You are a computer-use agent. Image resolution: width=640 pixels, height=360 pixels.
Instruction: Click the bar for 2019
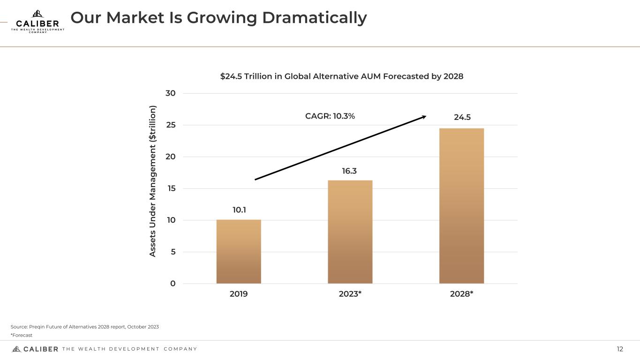click(x=239, y=252)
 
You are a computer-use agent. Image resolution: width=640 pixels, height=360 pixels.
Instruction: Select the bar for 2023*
click(x=350, y=232)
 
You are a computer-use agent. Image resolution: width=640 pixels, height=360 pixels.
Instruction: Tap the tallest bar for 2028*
click(x=461, y=206)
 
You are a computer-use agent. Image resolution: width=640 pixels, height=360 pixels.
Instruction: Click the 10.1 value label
click(x=239, y=210)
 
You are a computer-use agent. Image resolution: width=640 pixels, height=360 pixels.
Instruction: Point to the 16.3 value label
click(x=349, y=171)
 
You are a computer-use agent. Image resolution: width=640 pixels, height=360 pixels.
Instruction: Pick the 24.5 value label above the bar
click(x=462, y=117)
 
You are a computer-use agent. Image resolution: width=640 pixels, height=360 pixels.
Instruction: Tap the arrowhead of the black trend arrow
click(x=424, y=116)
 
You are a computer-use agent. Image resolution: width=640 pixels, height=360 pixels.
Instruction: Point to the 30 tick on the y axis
click(x=171, y=93)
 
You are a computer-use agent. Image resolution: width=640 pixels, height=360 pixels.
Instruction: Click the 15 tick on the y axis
click(x=171, y=188)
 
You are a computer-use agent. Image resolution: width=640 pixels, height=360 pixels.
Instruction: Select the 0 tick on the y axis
click(x=173, y=284)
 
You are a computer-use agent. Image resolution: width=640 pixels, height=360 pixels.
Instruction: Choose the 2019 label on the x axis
click(x=239, y=294)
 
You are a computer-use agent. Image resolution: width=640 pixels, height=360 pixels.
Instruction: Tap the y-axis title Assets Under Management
click(x=152, y=180)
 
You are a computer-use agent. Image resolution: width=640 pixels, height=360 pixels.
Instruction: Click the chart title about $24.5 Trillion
click(x=342, y=76)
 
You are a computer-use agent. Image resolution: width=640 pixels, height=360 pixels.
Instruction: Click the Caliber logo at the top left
click(x=38, y=21)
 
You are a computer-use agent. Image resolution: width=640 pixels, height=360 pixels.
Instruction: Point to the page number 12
click(x=620, y=349)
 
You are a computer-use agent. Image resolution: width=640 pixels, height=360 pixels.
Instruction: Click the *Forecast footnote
click(x=22, y=335)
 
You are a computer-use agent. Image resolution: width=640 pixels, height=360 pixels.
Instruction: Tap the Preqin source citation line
click(x=85, y=327)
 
